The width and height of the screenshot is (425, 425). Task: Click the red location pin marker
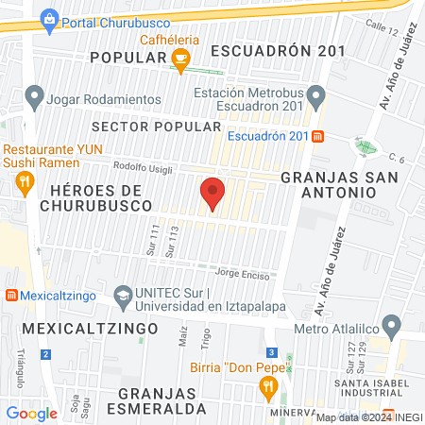(212, 193)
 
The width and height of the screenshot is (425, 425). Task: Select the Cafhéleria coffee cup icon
(179, 59)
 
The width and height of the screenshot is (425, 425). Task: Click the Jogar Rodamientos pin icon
(35, 94)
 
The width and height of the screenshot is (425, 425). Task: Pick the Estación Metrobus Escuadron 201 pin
(317, 94)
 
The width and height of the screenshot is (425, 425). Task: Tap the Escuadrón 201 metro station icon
(318, 135)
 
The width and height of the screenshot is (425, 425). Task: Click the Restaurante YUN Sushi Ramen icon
(26, 181)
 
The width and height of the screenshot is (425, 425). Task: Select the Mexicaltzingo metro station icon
(12, 294)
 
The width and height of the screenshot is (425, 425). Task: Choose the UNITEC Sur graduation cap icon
(122, 296)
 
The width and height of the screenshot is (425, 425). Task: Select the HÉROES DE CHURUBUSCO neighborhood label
(95, 197)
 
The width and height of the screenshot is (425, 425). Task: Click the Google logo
(31, 413)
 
